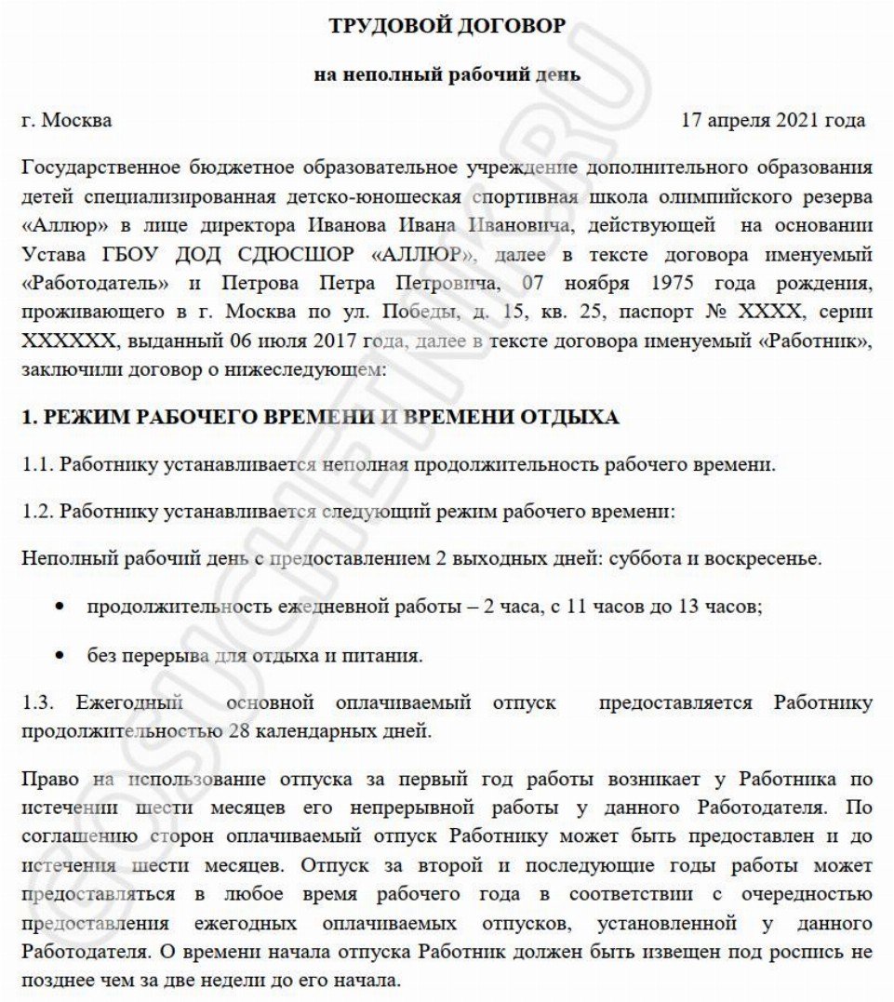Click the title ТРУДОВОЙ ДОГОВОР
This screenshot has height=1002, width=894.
pos(447,27)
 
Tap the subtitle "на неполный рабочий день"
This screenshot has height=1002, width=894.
pos(447,74)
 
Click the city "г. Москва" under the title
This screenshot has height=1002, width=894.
pos(66,120)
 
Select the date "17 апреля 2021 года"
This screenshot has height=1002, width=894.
pos(773,120)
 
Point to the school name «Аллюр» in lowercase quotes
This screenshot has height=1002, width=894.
pos(54,226)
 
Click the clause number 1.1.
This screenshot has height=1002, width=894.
pos(36,464)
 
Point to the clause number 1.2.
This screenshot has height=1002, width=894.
pos(36,512)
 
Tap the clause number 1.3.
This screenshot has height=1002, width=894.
pos(36,703)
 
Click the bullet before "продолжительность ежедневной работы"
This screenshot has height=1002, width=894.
pos(60,608)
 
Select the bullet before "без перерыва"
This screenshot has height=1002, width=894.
pos(60,657)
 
